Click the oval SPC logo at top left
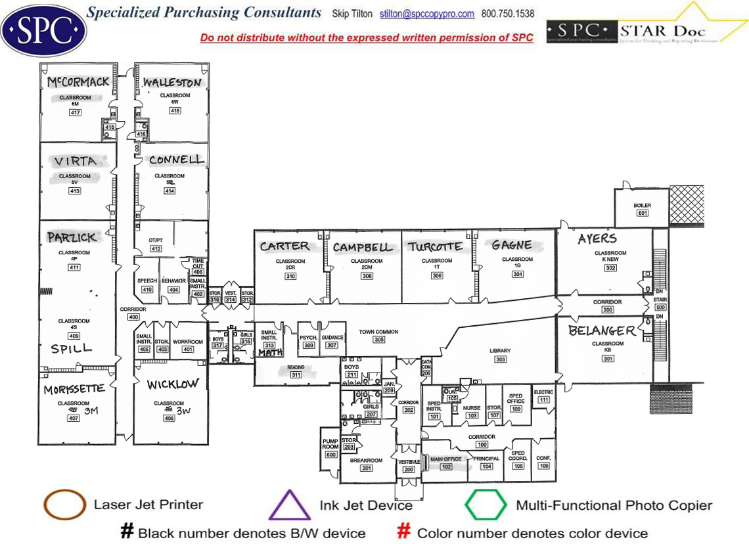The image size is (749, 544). point(43,30)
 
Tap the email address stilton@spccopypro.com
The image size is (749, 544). point(427,14)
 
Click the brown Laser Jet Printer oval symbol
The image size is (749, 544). point(64,505)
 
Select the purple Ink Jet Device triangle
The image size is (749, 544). point(290,505)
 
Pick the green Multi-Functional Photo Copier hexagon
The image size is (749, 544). point(486,505)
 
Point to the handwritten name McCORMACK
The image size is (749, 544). point(78,82)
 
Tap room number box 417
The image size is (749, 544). point(75,112)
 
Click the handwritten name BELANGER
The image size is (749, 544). point(602,330)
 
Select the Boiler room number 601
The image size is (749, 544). point(642,213)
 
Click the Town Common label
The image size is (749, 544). point(378,332)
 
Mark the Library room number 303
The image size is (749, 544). point(501,359)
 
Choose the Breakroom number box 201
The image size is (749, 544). point(367,468)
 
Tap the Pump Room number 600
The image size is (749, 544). point(330,455)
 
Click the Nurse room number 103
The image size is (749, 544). point(472,416)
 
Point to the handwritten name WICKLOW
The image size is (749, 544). point(172,384)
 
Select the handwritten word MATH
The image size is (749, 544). point(270,353)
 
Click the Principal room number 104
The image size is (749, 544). point(486,466)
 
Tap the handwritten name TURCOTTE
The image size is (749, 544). point(434,247)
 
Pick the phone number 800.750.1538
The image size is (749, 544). point(508,14)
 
